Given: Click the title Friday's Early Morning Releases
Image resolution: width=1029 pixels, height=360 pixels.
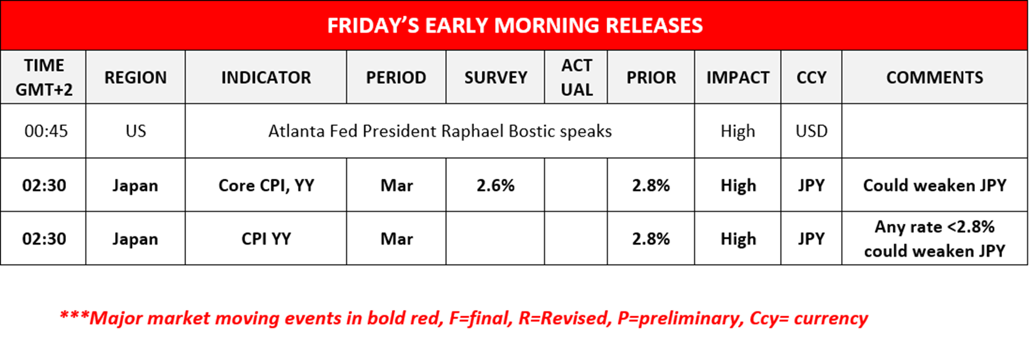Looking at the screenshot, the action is [x=515, y=26].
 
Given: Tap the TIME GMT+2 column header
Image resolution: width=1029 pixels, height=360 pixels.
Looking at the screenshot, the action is [x=44, y=77].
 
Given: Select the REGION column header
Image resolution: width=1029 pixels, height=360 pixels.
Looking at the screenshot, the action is [x=136, y=77].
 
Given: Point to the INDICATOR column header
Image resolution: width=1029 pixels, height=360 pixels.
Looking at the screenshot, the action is [x=266, y=77].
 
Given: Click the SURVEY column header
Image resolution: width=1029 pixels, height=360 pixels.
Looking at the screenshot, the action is [x=496, y=77].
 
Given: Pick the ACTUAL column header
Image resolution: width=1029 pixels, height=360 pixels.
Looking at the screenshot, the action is [x=577, y=77].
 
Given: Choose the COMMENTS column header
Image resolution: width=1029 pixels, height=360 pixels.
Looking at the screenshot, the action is [x=935, y=77].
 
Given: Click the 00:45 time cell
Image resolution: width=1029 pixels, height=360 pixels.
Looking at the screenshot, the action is [x=46, y=131].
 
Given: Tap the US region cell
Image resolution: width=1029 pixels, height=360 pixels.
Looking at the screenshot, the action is [x=136, y=131].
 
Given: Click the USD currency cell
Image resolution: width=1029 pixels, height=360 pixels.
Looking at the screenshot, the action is [x=812, y=131].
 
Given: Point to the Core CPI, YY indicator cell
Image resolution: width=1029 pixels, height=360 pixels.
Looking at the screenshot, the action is [x=266, y=185].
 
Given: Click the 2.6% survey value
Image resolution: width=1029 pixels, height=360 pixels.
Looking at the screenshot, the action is [x=496, y=185].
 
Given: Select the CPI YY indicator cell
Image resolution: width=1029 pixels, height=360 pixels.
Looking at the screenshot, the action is [x=266, y=239].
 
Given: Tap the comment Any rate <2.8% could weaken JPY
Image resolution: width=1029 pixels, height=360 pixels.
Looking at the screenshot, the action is [x=935, y=239].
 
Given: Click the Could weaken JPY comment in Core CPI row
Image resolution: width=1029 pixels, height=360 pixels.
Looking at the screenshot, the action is [x=935, y=185].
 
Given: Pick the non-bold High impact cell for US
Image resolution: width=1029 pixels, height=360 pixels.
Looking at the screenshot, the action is [x=738, y=131].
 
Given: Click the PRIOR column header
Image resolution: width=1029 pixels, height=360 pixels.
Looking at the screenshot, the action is [x=651, y=77].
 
